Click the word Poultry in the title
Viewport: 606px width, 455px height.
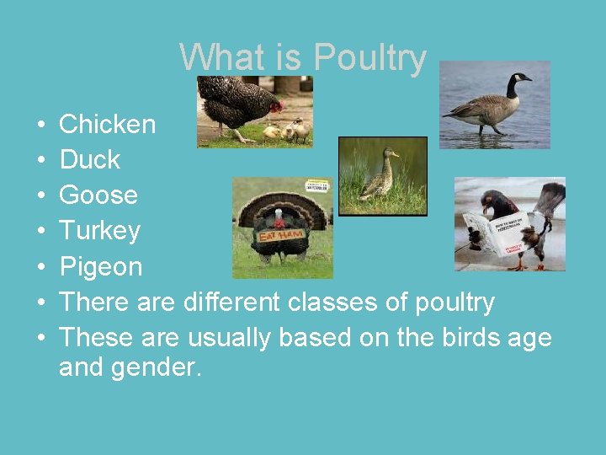370,58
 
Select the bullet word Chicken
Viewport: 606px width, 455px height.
108,125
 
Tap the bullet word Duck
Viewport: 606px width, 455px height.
90,160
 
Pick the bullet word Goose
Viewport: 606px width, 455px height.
98,195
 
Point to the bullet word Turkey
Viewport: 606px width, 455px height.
100,231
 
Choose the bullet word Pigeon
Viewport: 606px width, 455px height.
101,267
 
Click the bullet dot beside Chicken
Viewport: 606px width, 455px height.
41,126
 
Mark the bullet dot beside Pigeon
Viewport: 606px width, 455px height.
41,268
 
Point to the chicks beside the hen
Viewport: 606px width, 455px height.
290,130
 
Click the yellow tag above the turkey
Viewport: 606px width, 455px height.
316,187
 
